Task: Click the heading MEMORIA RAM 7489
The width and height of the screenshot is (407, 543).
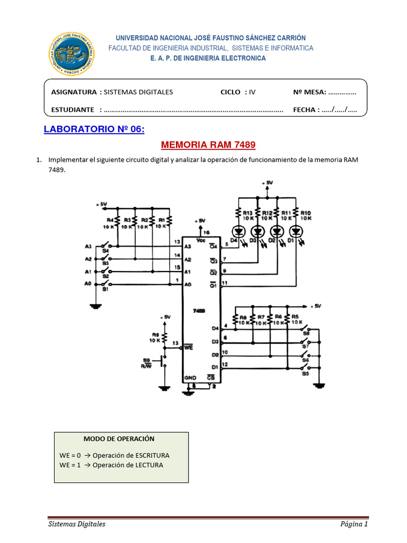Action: [203, 145]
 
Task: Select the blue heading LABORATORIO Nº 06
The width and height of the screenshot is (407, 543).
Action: [94, 129]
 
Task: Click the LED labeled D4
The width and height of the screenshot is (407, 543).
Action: [238, 232]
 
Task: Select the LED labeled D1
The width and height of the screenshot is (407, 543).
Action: [295, 232]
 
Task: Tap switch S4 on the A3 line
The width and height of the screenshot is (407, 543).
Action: [107, 246]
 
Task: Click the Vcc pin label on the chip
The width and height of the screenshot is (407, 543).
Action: [201, 240]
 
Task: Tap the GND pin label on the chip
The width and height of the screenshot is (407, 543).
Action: [190, 378]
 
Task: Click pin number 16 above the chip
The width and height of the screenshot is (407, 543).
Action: [207, 232]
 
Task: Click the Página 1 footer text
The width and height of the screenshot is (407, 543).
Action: [354, 524]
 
